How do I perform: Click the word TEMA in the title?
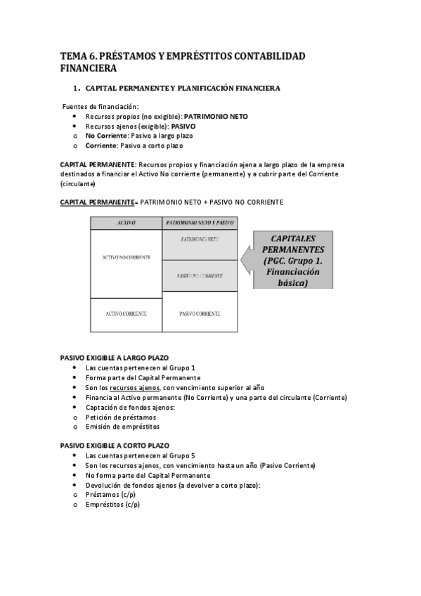(72, 56)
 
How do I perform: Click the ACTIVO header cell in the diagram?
(126, 223)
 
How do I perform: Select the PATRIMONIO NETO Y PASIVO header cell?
(200, 223)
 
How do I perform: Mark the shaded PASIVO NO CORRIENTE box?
(200, 276)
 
